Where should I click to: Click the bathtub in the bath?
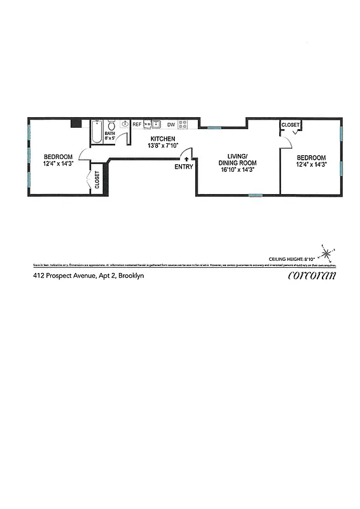pyautogui.click(x=96, y=132)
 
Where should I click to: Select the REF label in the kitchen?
pyautogui.click(x=137, y=125)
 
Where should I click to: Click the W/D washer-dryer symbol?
pyautogui.click(x=147, y=125)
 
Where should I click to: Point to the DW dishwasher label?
pyautogui.click(x=171, y=125)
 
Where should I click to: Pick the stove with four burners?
pyautogui.click(x=183, y=125)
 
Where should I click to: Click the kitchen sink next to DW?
pyautogui.click(x=156, y=125)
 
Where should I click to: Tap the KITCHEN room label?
pyautogui.click(x=163, y=139)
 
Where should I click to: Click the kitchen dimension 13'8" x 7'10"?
pyautogui.click(x=163, y=146)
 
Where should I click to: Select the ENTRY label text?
pyautogui.click(x=184, y=167)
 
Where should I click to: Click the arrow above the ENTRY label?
pyautogui.click(x=186, y=159)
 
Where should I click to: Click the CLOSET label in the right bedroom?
pyautogui.click(x=291, y=125)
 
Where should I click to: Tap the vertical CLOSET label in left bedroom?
pyautogui.click(x=97, y=181)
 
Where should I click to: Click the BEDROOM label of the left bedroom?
pyautogui.click(x=57, y=157)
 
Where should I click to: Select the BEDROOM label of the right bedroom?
pyautogui.click(x=311, y=158)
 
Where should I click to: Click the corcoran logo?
pyautogui.click(x=312, y=275)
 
